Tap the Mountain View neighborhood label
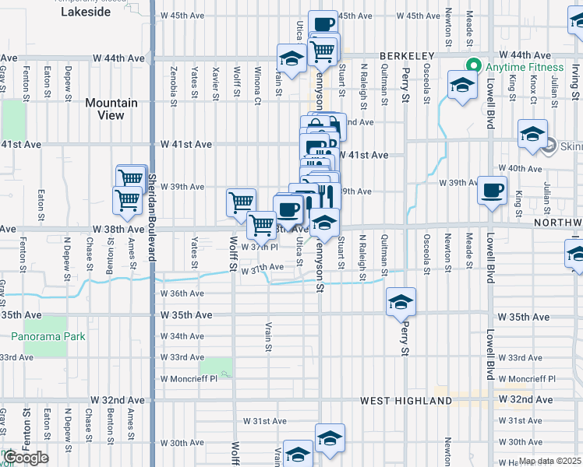111,109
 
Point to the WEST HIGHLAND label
405,400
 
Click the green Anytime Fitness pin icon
472,66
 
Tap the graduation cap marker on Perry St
401,300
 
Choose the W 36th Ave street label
182,293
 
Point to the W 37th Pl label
260,247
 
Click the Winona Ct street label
257,85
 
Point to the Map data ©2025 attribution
550,462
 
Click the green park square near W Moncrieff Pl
216,366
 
